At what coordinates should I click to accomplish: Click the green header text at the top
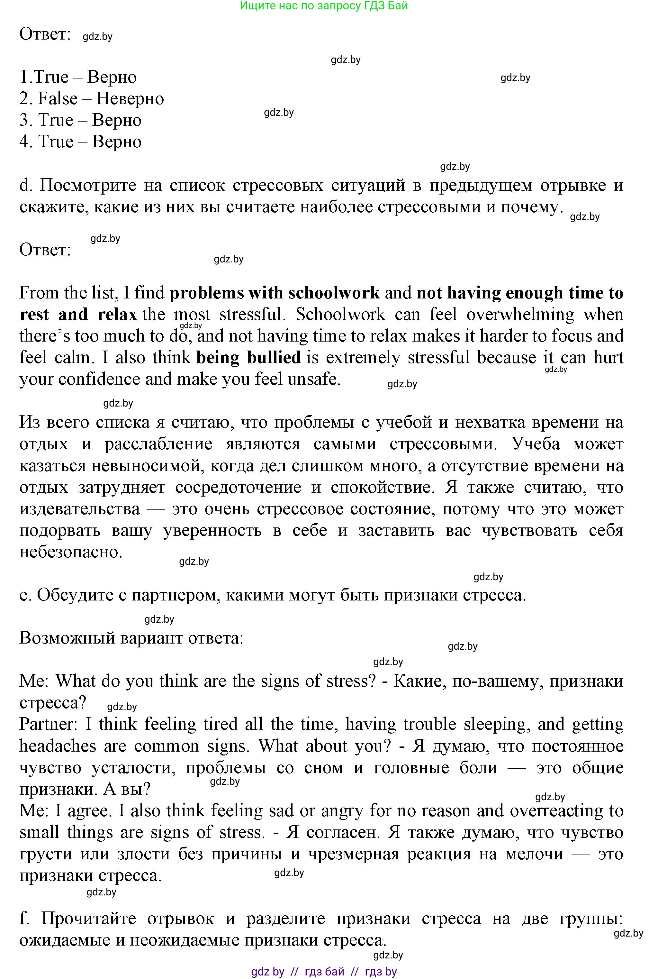pyautogui.click(x=324, y=6)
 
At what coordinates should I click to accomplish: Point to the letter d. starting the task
pyautogui.click(x=25, y=185)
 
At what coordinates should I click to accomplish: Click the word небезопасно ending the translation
pyautogui.click(x=70, y=552)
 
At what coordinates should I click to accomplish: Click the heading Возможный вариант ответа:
pyautogui.click(x=131, y=638)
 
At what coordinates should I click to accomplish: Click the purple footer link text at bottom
pyautogui.click(x=324, y=972)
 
